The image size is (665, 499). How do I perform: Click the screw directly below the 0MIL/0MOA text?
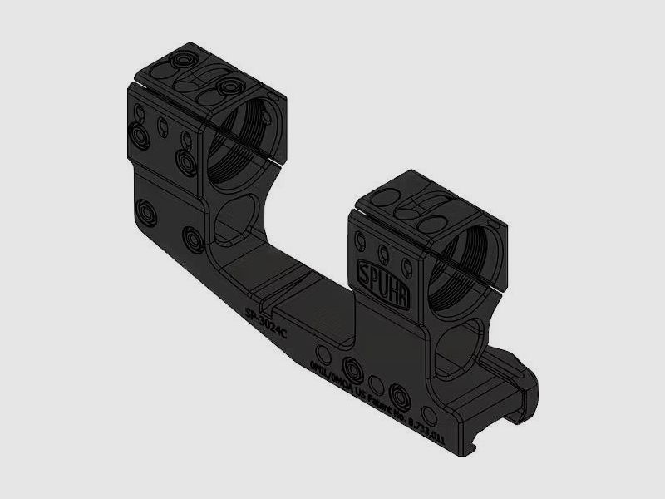pos(354,366)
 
